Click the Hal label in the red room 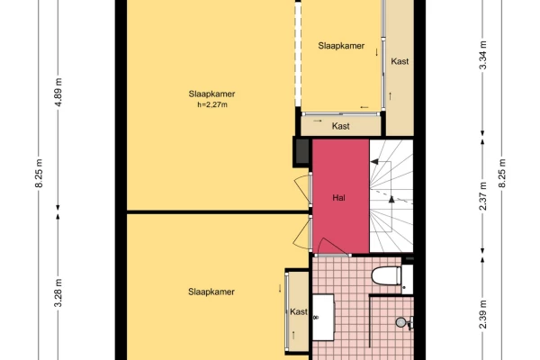coord(339,197)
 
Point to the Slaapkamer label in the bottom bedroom coord(212,292)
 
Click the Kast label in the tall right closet coord(400,61)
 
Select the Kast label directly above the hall coord(341,127)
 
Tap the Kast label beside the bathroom coord(298,312)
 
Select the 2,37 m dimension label coord(483,197)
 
